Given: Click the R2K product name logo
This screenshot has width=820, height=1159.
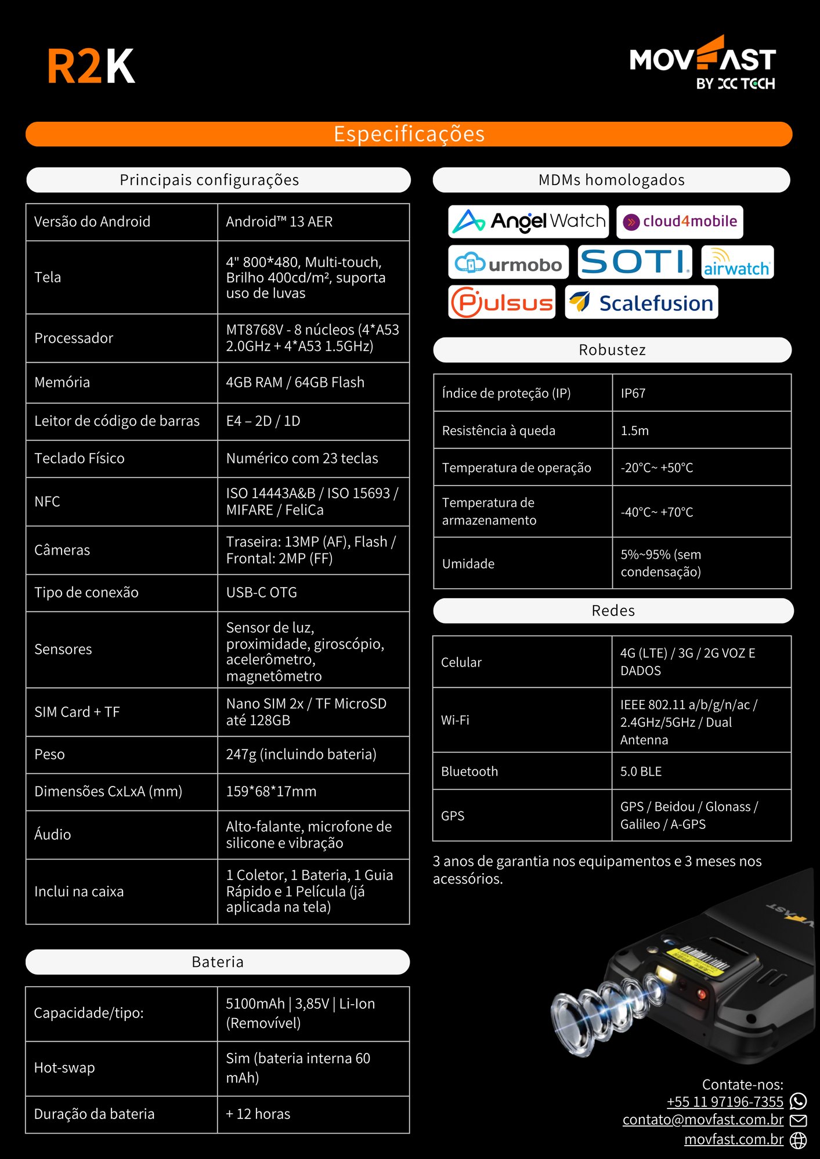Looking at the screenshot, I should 91,66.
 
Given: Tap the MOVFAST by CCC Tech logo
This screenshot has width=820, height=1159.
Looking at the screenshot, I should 703,63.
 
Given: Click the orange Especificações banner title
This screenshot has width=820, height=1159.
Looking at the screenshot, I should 409,134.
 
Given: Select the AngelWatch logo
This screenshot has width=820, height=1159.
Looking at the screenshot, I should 528,221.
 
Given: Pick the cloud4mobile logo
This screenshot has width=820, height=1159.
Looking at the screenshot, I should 680,222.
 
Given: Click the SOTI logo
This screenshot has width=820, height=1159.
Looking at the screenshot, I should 635,262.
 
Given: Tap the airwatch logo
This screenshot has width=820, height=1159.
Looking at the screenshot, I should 737,262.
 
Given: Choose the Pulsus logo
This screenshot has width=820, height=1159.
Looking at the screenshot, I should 502,302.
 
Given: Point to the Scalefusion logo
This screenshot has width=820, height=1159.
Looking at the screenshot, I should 641,302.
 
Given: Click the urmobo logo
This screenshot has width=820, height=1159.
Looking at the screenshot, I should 508,262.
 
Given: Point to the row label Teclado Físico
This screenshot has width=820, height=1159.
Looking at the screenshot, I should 80,458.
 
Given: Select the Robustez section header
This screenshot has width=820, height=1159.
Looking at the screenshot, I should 612,350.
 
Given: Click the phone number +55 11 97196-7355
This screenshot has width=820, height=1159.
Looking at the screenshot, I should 725,1102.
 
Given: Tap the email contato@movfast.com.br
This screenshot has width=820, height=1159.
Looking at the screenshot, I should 703,1120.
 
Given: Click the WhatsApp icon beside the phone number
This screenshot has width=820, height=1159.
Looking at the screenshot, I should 799,1101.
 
